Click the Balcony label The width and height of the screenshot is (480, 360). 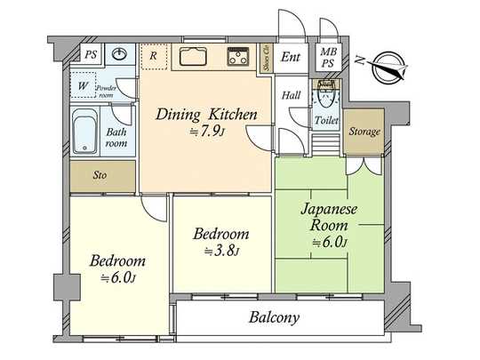tap(273, 317)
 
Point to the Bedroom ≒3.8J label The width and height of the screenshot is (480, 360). tap(220, 242)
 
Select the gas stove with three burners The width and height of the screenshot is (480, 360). tap(239, 59)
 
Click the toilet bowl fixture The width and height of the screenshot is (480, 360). tap(328, 93)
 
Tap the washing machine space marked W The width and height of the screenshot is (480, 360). tap(83, 85)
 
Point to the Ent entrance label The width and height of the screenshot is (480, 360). tap(290, 58)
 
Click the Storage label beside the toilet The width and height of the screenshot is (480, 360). tap(363, 132)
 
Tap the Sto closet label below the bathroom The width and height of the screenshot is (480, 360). tap(100, 175)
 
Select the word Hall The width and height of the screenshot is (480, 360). tap(292, 95)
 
